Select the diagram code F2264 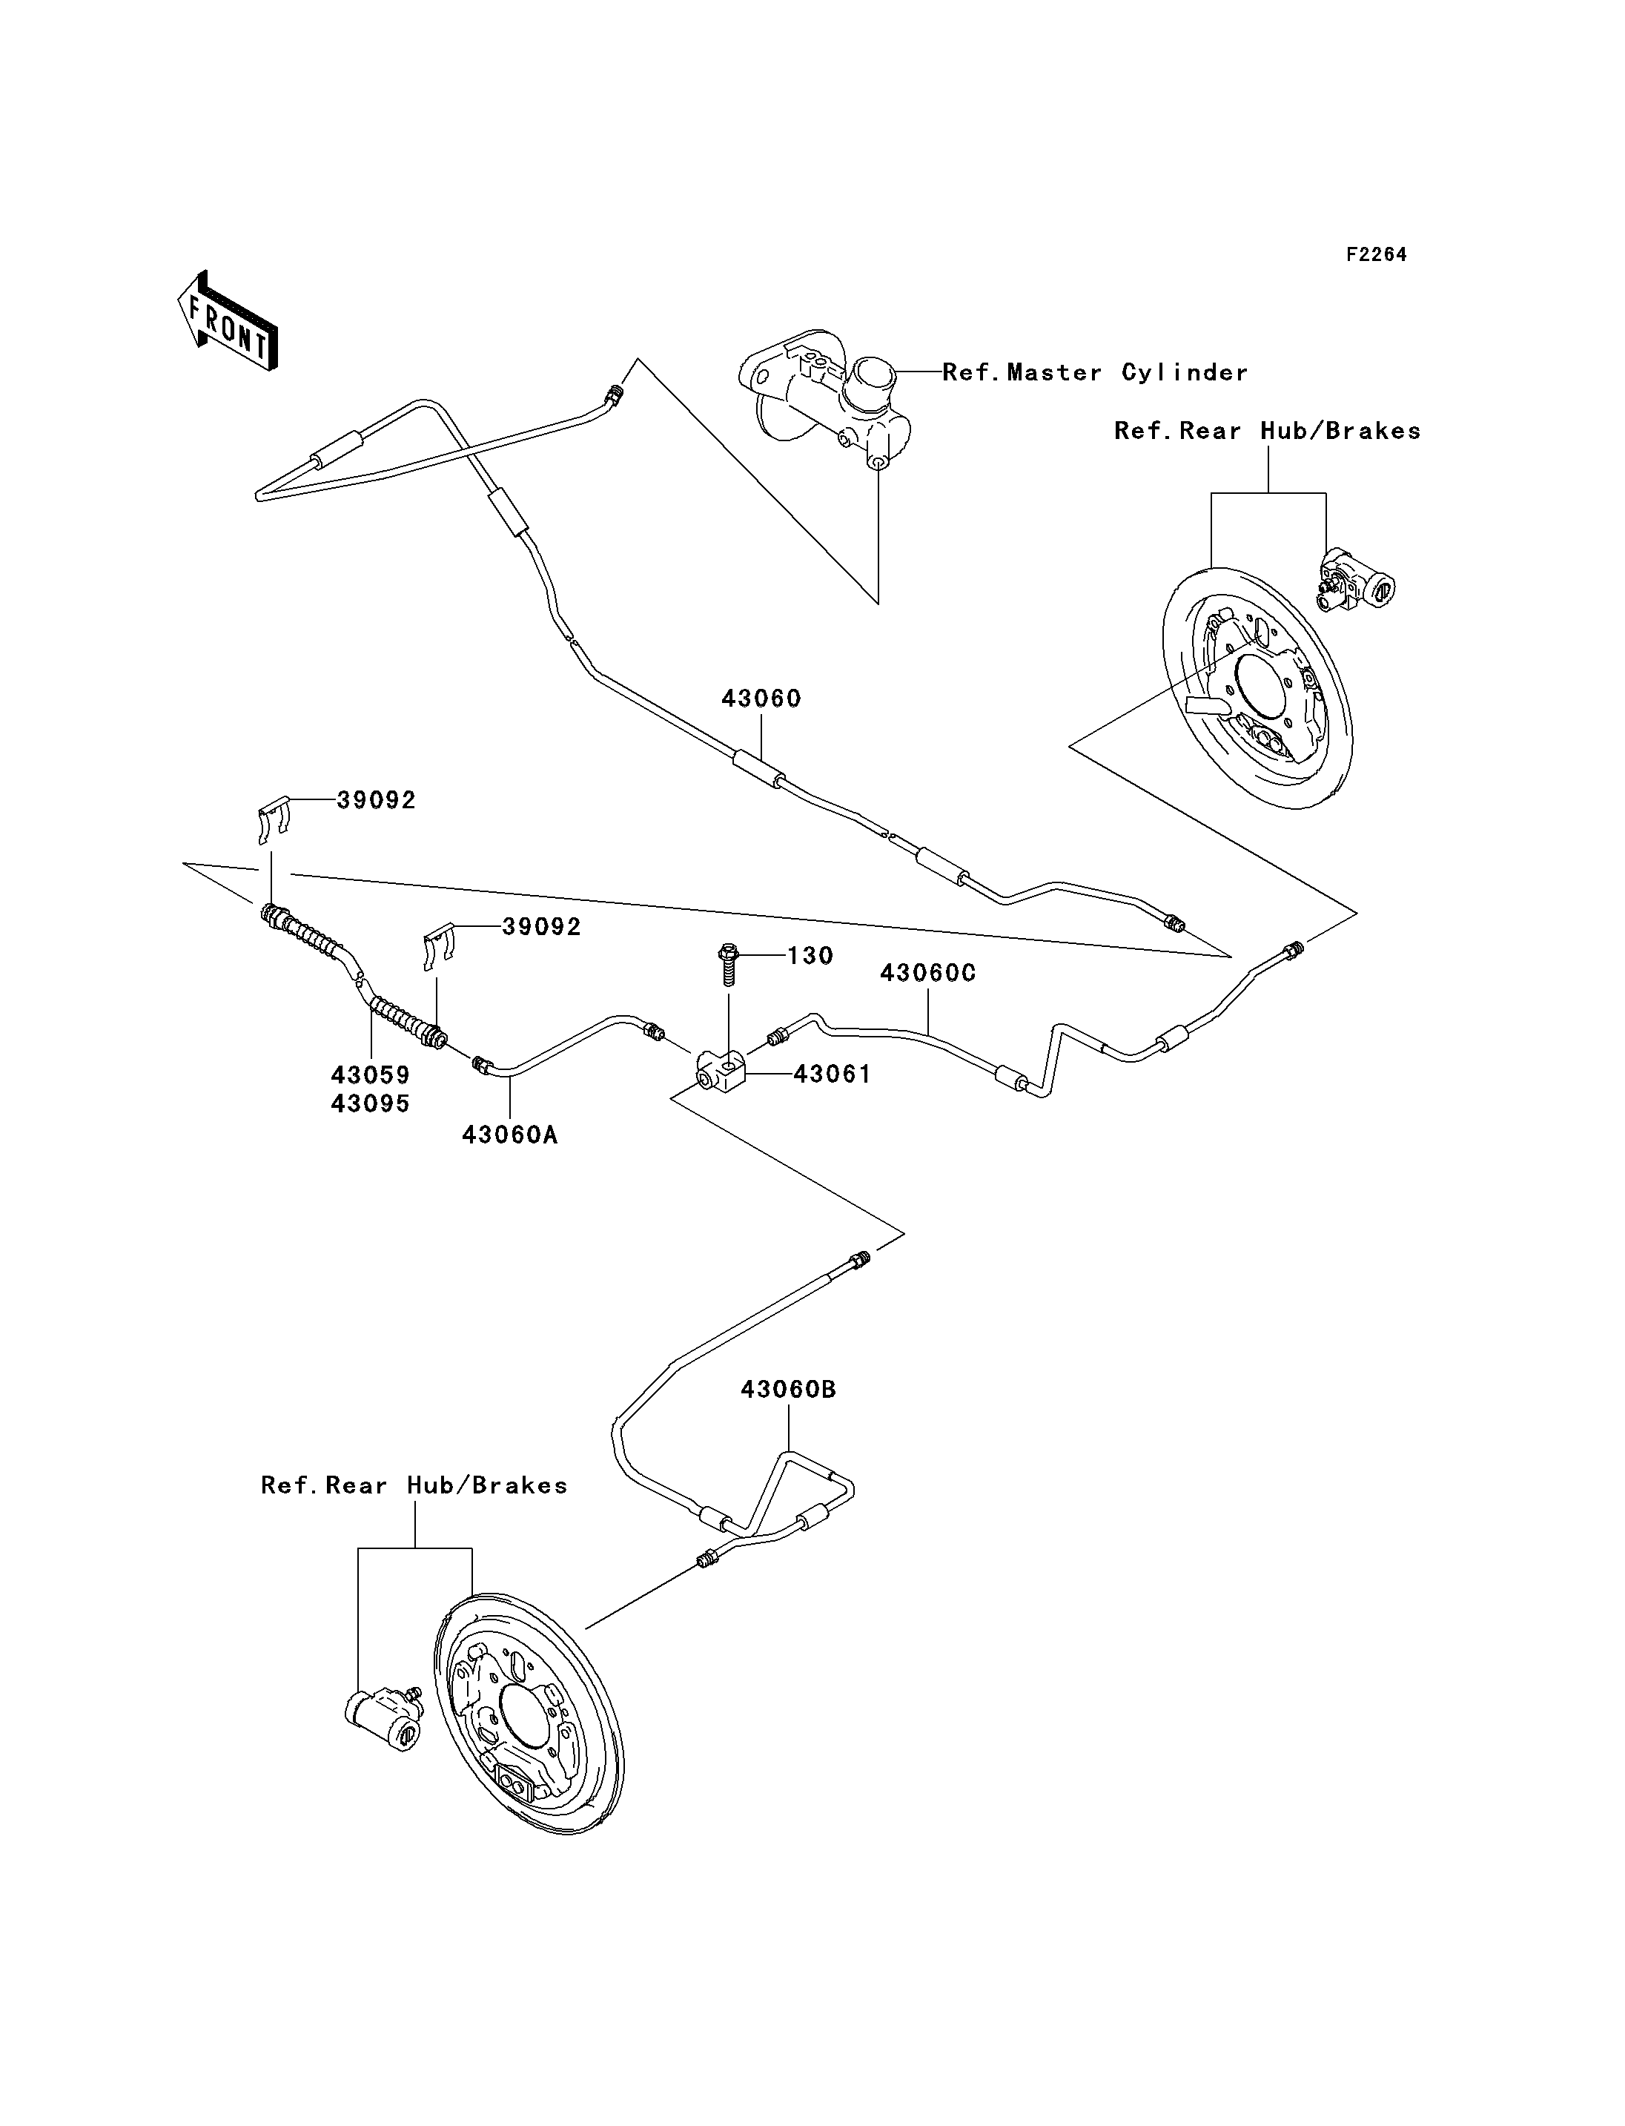1377,254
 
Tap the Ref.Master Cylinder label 1095,372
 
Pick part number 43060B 788,1390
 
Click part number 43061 832,1074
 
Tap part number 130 810,956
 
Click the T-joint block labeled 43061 721,1072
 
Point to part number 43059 371,1075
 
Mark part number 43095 371,1104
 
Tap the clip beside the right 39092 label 440,948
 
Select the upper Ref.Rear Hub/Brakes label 1267,432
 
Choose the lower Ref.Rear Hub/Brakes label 414,1485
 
